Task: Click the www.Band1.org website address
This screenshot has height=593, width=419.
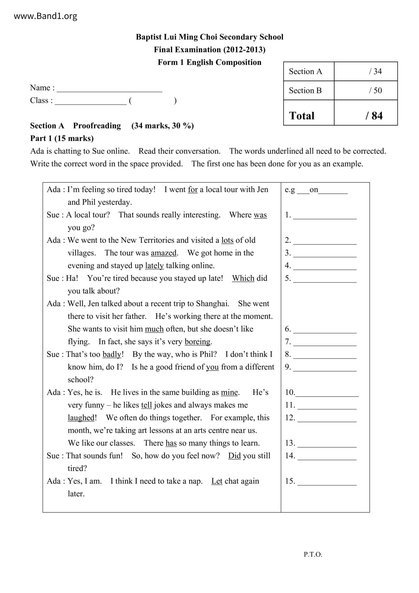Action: tap(45, 16)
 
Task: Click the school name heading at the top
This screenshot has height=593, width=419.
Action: tap(209, 37)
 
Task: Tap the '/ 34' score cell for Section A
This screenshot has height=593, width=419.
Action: tap(375, 71)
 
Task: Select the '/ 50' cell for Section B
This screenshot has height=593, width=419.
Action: tap(375, 90)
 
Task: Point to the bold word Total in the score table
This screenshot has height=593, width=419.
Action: tap(302, 116)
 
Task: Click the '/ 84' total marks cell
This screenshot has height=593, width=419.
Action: tap(374, 116)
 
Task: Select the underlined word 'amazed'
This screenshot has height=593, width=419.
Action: tap(164, 253)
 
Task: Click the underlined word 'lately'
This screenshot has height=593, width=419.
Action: tap(154, 266)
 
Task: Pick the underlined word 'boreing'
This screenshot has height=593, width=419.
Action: tap(197, 342)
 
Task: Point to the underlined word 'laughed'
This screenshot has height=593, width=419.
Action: tap(81, 418)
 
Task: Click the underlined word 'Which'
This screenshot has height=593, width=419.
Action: tap(243, 278)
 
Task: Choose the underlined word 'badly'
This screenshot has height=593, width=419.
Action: tap(112, 354)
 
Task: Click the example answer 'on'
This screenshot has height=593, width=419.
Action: tap(314, 190)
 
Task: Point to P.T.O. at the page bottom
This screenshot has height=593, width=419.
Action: tap(313, 554)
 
